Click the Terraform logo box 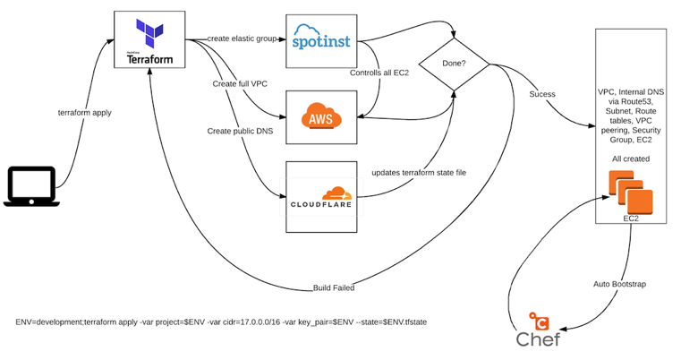click(150, 40)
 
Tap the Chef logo click(537, 329)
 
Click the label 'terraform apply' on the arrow click(84, 114)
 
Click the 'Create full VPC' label click(240, 83)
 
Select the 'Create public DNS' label click(238, 132)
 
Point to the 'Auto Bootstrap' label click(620, 284)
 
